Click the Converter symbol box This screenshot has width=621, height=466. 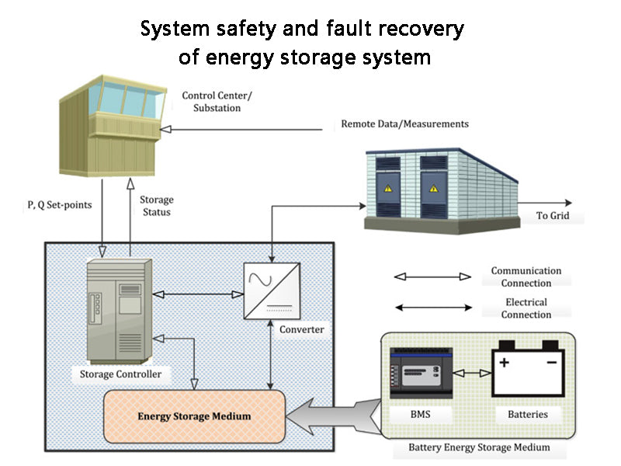point(269,290)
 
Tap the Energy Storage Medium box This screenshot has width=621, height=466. point(194,416)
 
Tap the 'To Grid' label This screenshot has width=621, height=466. point(553,216)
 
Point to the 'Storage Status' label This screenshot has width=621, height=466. point(156,206)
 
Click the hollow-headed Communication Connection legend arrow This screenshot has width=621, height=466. point(432,276)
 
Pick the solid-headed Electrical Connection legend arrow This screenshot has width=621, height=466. point(432,308)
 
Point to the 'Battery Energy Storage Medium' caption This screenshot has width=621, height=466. point(479,447)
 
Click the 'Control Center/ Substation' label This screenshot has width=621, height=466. point(211,102)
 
